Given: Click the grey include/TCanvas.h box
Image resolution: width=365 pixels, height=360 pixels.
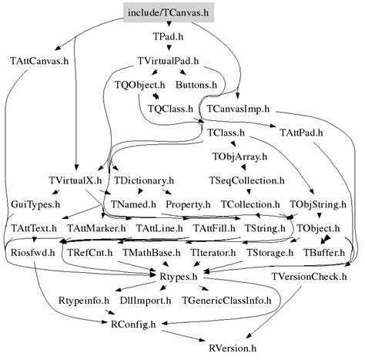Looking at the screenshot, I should tap(167, 12).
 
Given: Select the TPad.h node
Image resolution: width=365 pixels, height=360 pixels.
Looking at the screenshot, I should tap(167, 36).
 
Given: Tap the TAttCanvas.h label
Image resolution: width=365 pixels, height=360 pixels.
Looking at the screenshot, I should tap(39, 60).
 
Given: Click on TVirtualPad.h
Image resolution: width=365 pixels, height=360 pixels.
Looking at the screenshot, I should tap(168, 60).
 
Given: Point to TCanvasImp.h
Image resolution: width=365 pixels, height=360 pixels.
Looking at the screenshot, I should tap(241, 109).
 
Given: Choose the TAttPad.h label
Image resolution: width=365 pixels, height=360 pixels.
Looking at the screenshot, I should tap(301, 133).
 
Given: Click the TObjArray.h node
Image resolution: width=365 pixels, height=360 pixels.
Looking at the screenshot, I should tap(239, 156).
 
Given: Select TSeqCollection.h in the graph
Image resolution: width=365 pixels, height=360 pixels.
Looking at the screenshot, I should tap(246, 180).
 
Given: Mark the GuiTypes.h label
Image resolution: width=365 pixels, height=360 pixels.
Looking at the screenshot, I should tap(34, 204).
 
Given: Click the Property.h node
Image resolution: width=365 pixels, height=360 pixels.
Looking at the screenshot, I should tap(188, 204).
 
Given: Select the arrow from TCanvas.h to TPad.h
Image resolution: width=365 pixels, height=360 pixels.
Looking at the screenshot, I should tap(167, 25).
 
